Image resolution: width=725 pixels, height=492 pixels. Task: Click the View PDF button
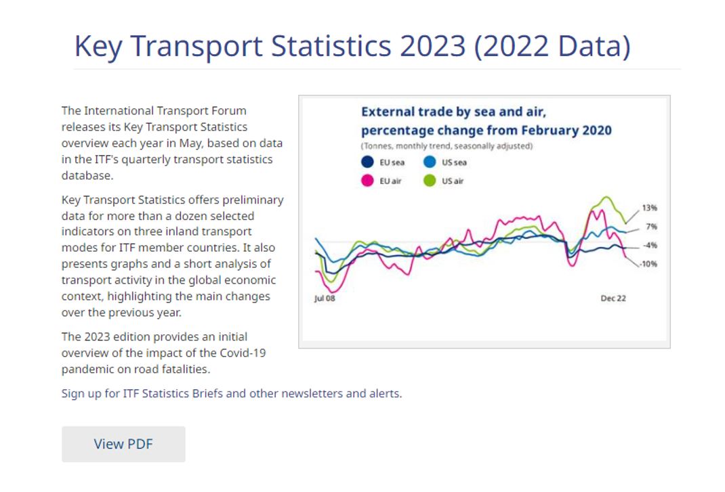123,444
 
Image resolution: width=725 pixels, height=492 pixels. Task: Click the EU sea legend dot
367,162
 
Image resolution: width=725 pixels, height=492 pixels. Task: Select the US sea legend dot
430,162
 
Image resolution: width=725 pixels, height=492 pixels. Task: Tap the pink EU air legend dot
367,181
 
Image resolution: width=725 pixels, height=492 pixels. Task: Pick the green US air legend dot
430,181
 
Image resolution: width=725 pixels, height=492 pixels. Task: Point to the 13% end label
649,208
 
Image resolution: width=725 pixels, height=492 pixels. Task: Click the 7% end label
651,227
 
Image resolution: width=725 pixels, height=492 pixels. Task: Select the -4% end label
649,245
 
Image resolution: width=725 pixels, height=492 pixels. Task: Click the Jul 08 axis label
325,298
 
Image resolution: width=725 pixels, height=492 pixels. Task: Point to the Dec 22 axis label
613,298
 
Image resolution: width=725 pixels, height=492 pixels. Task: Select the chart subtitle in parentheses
447,146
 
